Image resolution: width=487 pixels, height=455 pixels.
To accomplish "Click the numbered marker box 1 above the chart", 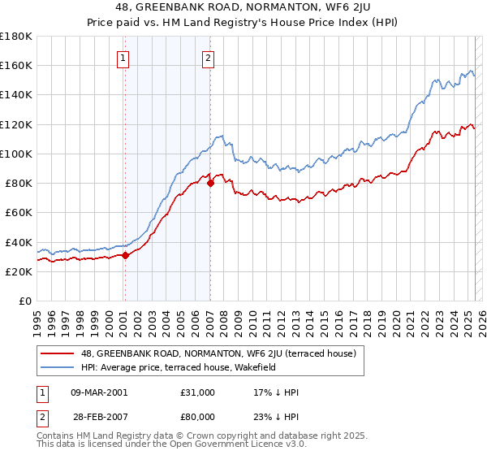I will (x=123, y=58).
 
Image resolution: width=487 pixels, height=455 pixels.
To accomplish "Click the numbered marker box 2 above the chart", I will (x=209, y=58).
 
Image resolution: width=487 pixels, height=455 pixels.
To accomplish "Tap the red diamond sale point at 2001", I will (x=125, y=255).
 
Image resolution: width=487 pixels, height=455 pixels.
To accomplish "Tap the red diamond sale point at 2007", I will (x=210, y=183).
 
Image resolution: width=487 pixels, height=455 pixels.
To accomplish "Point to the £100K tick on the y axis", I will (x=16, y=154).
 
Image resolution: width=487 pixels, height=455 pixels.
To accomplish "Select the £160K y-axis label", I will (x=16, y=65).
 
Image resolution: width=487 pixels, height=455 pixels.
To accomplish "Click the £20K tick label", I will (x=19, y=271).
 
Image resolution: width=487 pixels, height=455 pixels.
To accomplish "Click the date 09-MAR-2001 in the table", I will (x=99, y=392).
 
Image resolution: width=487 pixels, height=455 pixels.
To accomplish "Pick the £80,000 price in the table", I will (x=198, y=416).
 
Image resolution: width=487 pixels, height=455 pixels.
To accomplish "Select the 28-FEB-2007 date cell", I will (x=99, y=416).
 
